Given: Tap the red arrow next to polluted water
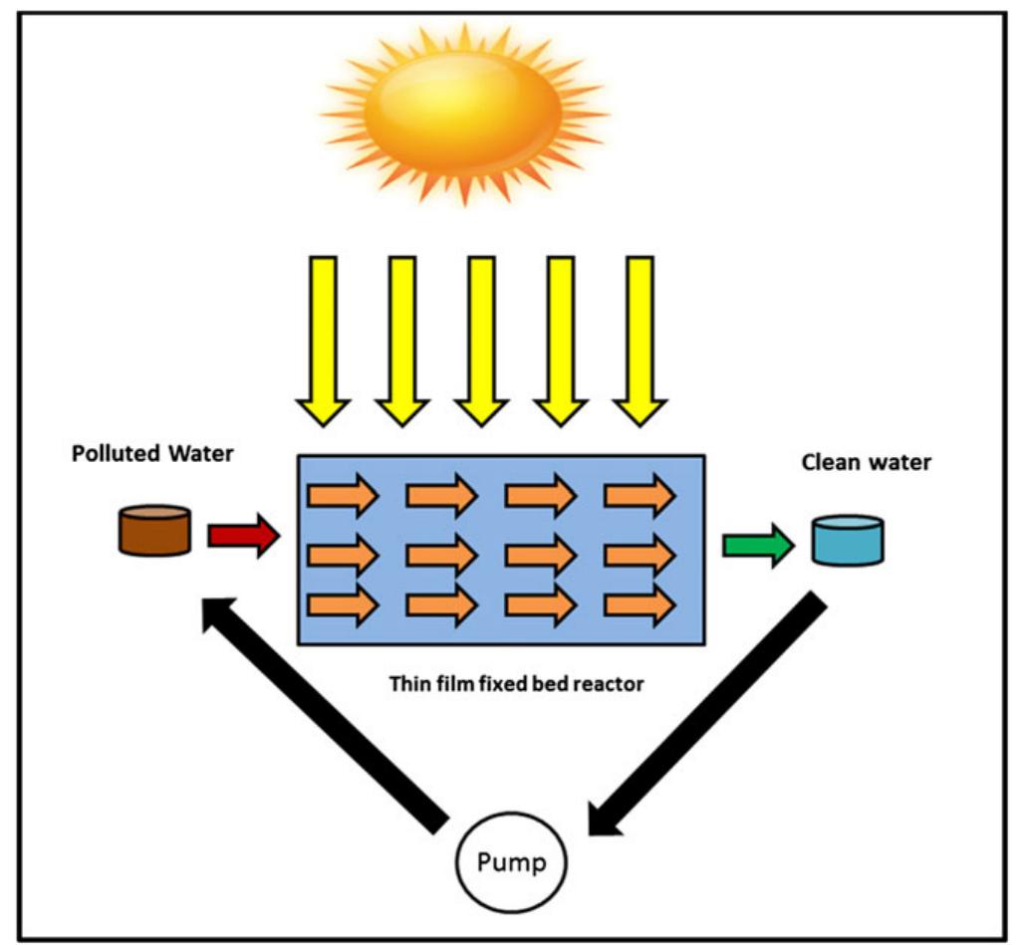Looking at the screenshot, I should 243,536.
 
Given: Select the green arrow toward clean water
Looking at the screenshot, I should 757,546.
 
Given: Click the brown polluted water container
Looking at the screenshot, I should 154,530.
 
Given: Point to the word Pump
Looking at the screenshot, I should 511,861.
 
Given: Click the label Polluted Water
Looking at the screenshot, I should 152,454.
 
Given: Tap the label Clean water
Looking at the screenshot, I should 867,462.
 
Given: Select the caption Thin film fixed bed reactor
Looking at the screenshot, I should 502,684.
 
